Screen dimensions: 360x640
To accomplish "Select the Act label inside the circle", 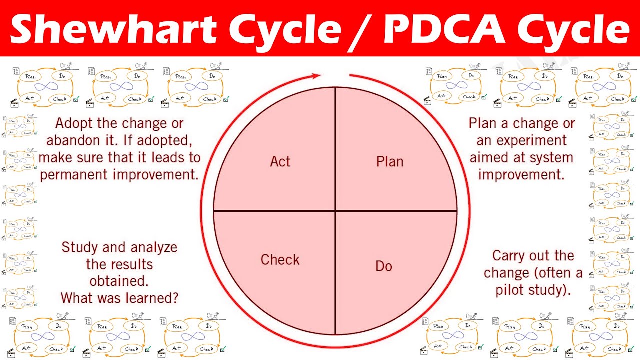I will (x=280, y=161).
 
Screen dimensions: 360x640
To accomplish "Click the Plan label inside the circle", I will (x=390, y=161).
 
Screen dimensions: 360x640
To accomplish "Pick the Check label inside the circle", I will (x=280, y=260).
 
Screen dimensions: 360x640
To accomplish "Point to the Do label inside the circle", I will (x=384, y=266).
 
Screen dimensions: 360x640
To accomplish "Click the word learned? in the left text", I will (x=154, y=298).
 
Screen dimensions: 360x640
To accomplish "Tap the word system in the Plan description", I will (x=550, y=157).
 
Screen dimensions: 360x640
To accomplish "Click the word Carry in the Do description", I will (x=509, y=256).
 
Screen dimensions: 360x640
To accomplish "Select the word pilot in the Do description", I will (x=511, y=290).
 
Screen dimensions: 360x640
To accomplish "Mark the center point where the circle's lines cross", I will (x=335, y=211).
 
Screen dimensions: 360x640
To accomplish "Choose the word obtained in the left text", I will (x=119, y=281).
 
